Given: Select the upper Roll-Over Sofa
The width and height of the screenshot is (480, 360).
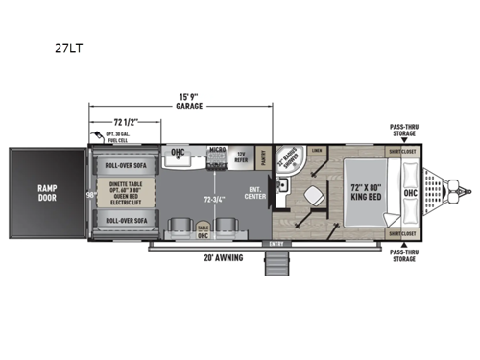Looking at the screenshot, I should [x=124, y=164].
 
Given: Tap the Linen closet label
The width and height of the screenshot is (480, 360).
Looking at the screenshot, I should [x=317, y=152].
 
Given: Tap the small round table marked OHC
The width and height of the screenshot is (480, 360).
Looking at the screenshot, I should [x=203, y=231].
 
